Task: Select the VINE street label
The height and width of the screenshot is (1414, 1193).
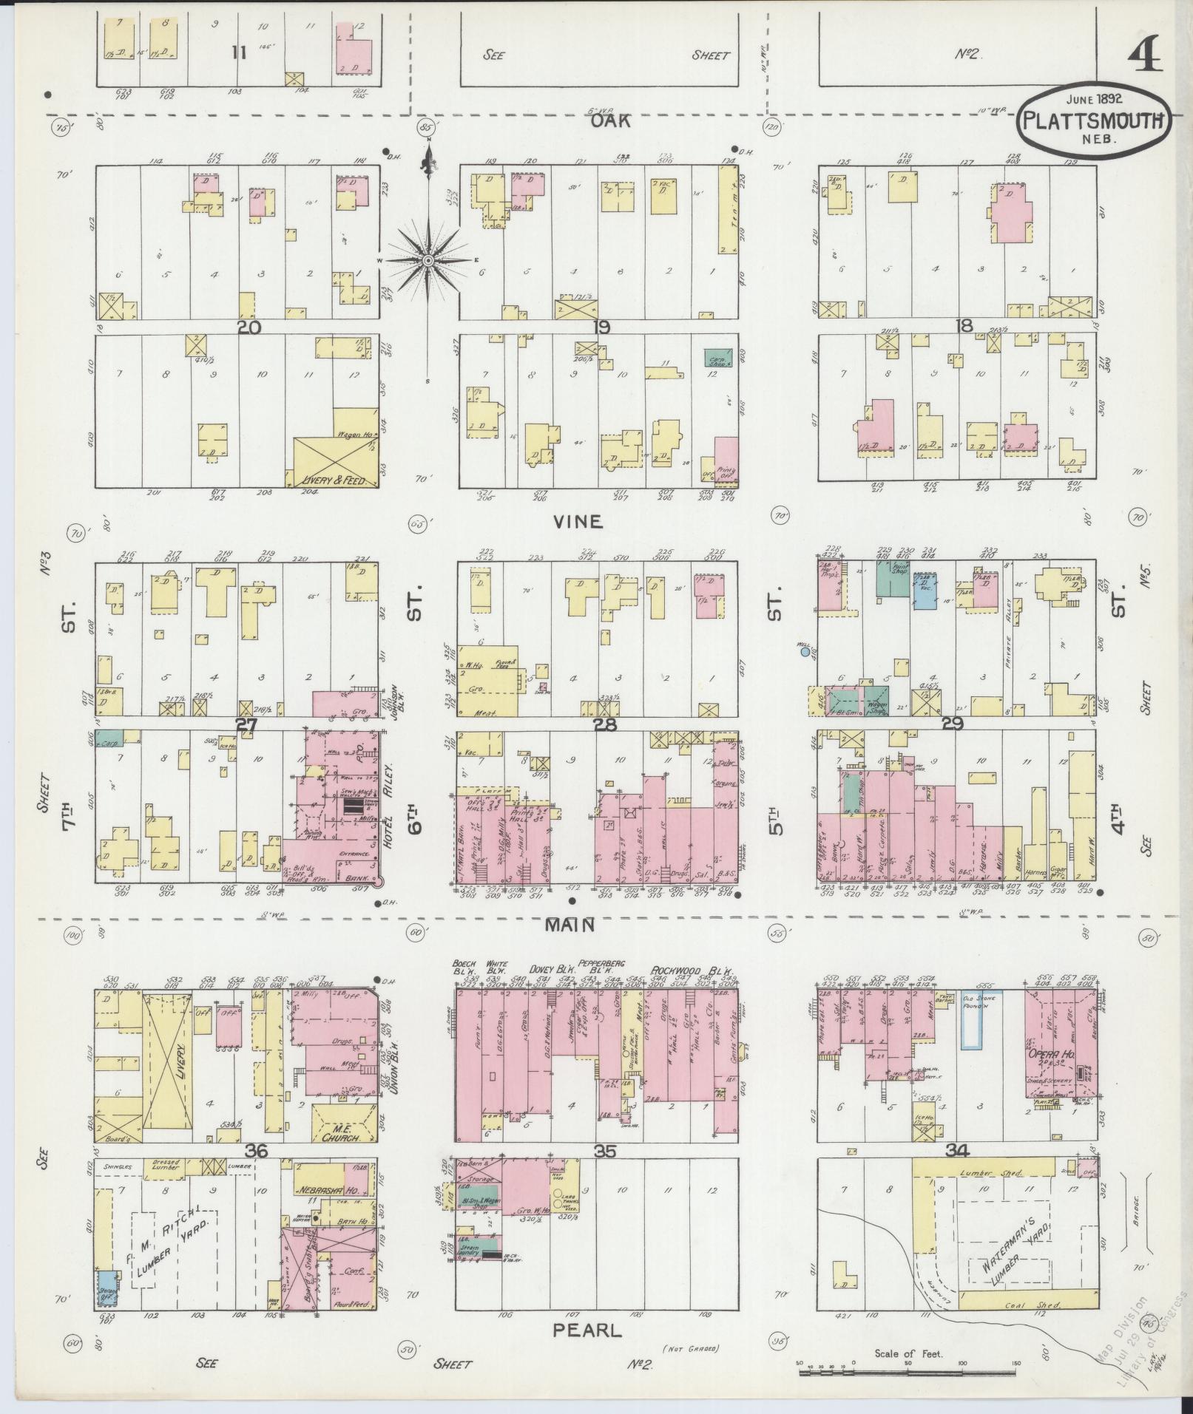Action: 578,521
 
